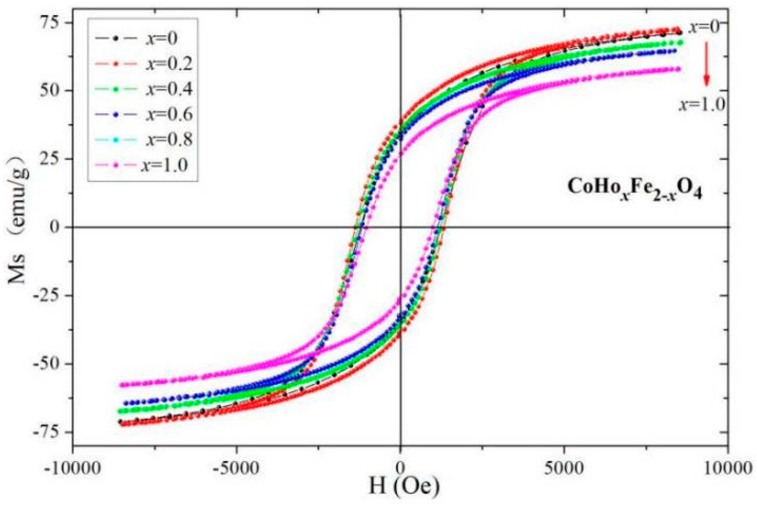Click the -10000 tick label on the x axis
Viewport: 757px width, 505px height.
tap(73, 468)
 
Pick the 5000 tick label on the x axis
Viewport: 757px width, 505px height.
tap(564, 468)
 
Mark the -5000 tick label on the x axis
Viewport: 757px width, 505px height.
tap(237, 468)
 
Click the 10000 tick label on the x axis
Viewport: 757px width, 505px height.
tap(728, 468)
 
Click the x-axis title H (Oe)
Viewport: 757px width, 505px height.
tap(404, 487)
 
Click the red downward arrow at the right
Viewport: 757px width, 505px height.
tap(706, 64)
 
